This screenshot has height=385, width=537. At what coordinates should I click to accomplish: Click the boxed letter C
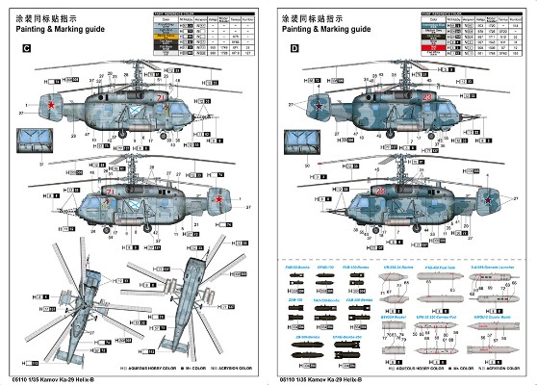click(x=27, y=47)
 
